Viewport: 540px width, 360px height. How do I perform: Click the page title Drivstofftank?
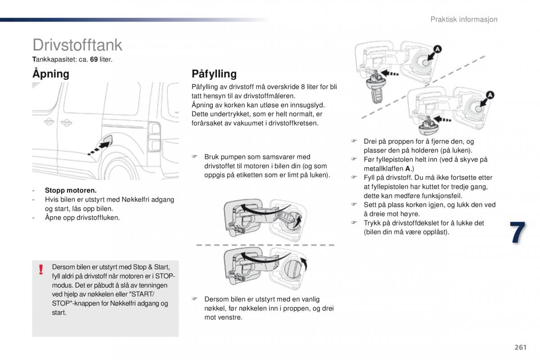pos(77,45)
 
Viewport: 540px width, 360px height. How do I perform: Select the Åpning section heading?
pos(51,74)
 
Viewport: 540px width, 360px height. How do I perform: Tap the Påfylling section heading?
pos(214,74)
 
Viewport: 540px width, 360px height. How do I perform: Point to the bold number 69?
pos(94,59)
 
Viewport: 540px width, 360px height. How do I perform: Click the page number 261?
pos(520,347)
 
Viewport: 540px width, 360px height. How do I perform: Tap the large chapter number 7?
pos(517,233)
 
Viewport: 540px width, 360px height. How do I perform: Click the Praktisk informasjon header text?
pos(463,19)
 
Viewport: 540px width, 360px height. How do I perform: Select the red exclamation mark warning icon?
pos(41,269)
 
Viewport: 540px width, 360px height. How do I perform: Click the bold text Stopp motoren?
pos(71,190)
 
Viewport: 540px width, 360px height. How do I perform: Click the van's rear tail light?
pos(155,137)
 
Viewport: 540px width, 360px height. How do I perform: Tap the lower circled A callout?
pos(490,95)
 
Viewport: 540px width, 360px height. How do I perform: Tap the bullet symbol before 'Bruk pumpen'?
pos(195,157)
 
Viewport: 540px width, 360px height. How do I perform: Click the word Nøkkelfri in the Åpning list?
pos(135,199)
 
